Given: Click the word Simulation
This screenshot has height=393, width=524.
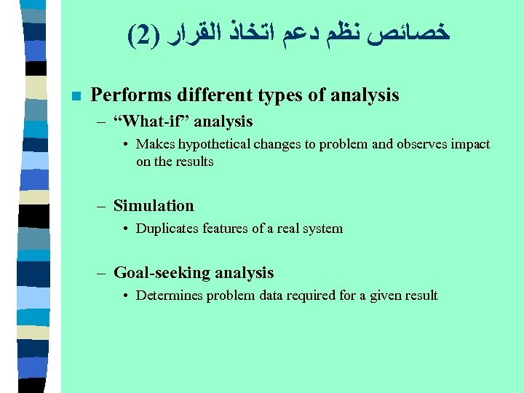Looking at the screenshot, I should coord(154,206).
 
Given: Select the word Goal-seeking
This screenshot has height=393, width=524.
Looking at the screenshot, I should coord(153,273).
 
